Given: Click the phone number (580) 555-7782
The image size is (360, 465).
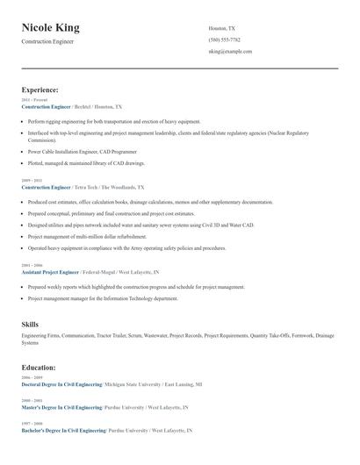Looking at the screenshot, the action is click(225, 39).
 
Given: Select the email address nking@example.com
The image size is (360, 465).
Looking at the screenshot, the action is click(230, 51).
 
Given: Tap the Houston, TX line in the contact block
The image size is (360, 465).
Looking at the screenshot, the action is click(222, 28).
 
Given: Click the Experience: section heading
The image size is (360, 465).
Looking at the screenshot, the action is click(40, 89).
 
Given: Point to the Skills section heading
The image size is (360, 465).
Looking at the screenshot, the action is click(30, 325).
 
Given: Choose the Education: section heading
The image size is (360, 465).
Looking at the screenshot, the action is click(39, 367).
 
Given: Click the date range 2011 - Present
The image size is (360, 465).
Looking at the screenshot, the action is click(34, 100).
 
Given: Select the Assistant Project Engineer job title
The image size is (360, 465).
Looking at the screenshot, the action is click(50, 272).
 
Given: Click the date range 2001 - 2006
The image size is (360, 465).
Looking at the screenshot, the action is click(32, 265).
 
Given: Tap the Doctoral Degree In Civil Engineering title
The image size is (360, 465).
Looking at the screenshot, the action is click(61, 384).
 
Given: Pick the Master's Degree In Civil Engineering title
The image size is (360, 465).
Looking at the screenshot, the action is click(61, 407).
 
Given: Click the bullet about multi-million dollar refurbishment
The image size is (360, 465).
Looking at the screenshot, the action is click(87, 236).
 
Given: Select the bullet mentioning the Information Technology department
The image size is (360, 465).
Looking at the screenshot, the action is click(103, 298).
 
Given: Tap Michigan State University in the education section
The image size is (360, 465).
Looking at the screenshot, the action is click(136, 384).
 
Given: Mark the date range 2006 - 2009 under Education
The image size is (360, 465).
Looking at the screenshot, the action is click(32, 377).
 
